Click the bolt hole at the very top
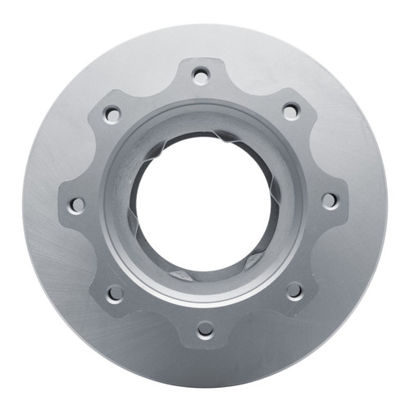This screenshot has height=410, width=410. [201, 75]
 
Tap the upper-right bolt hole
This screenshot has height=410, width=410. [289, 111]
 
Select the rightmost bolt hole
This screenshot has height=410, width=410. [328, 199]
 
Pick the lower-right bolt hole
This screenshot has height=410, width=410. [294, 290]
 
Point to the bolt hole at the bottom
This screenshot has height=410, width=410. [205, 329]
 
